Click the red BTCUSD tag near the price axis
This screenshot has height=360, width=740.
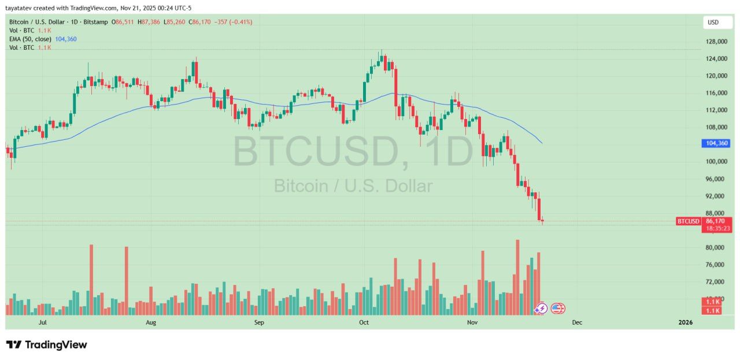click(x=688, y=221)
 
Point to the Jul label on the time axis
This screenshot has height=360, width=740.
click(x=42, y=322)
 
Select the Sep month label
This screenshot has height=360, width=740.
click(x=258, y=322)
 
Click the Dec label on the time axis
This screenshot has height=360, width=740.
click(x=576, y=322)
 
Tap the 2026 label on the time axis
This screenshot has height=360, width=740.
click(x=685, y=322)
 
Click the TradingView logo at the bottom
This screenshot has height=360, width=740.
click(x=47, y=345)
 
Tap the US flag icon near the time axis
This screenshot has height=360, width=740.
click(x=557, y=309)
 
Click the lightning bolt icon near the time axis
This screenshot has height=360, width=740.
click(x=541, y=309)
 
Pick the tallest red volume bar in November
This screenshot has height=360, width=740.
click(x=517, y=277)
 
